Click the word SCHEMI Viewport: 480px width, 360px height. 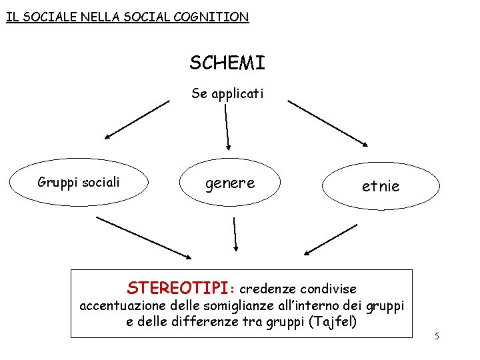[227, 63]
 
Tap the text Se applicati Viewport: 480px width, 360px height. [227, 93]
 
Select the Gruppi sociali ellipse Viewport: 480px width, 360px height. [79, 182]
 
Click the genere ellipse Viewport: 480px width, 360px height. [230, 183]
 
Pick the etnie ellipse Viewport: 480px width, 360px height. [381, 186]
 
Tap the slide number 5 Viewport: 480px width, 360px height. [437, 336]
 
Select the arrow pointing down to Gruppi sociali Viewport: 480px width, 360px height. [137, 119]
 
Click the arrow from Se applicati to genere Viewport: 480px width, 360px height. [227, 126]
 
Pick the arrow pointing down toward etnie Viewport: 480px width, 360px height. [327, 123]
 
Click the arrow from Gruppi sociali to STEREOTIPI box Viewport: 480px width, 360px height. [143, 237]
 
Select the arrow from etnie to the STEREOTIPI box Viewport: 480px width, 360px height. [331, 239]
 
